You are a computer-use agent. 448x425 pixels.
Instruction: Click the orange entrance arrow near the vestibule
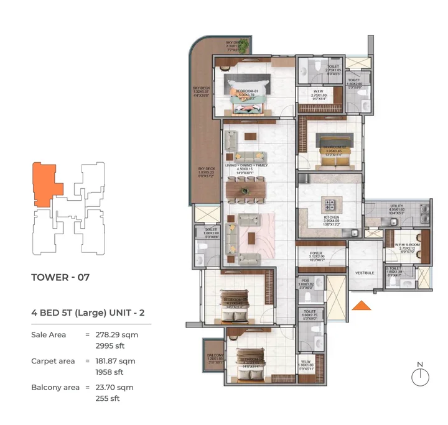tap(360, 304)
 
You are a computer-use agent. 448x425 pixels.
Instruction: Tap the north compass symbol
tap(421, 377)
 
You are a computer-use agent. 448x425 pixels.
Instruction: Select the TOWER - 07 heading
tap(60, 277)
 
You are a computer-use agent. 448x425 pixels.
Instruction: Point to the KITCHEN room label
tap(332, 217)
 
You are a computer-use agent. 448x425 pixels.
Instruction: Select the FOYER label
tap(317, 253)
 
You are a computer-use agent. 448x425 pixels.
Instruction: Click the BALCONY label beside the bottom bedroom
tap(215, 356)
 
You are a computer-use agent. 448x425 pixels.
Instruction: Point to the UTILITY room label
tap(397, 206)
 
